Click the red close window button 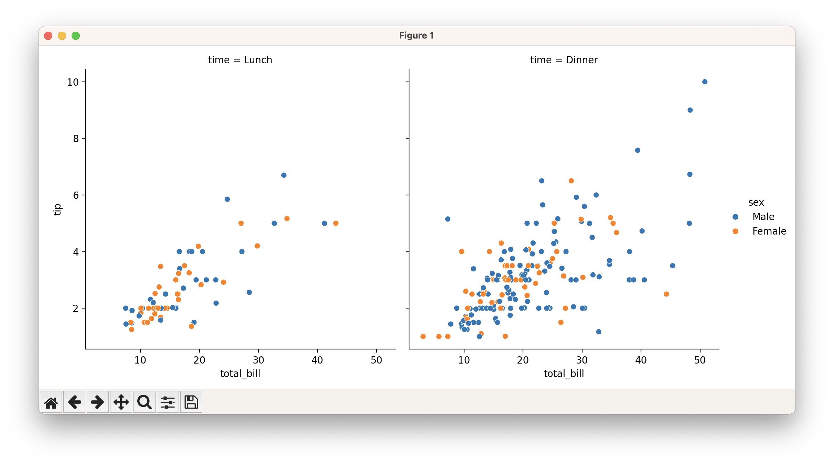48,36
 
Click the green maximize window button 76,36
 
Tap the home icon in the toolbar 51,402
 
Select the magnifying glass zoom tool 145,402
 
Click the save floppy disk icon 191,402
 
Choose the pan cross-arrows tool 121,402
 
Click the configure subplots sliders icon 168,402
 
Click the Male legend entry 763,217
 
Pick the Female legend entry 769,231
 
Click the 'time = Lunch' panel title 240,60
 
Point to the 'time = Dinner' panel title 564,60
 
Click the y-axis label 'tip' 57,209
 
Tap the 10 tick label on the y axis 73,82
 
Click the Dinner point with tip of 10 705,82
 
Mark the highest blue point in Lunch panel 284,175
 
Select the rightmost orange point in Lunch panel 336,223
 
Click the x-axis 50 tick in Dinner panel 700,360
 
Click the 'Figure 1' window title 416,36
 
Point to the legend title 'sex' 756,203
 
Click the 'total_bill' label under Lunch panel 240,374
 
